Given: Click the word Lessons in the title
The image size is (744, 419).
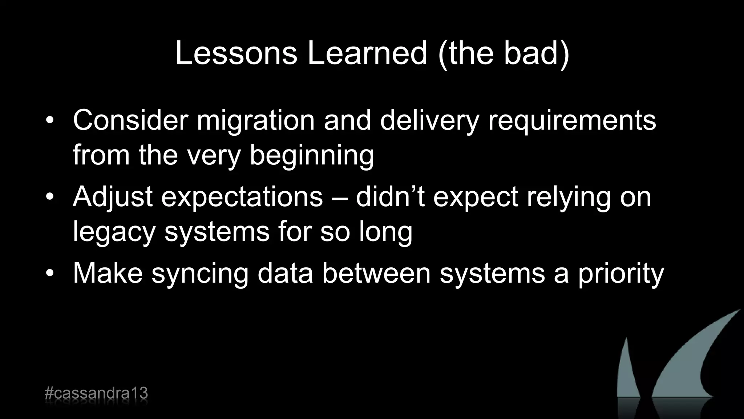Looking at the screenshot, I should pos(236,53).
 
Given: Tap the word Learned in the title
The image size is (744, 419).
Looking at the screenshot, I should pos(367,53).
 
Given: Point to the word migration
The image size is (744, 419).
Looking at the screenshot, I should pos(255,121).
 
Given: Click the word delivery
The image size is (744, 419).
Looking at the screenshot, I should pos(429,121).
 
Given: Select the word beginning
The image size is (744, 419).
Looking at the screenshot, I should pos(312,156).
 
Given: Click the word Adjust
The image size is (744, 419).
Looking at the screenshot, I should pos(113,197).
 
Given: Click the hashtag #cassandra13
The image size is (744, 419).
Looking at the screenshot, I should pos(96,394).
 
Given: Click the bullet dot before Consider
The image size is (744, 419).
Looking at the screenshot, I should pos(50,120).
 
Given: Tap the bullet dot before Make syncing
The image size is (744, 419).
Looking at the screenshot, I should pos(50,273).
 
